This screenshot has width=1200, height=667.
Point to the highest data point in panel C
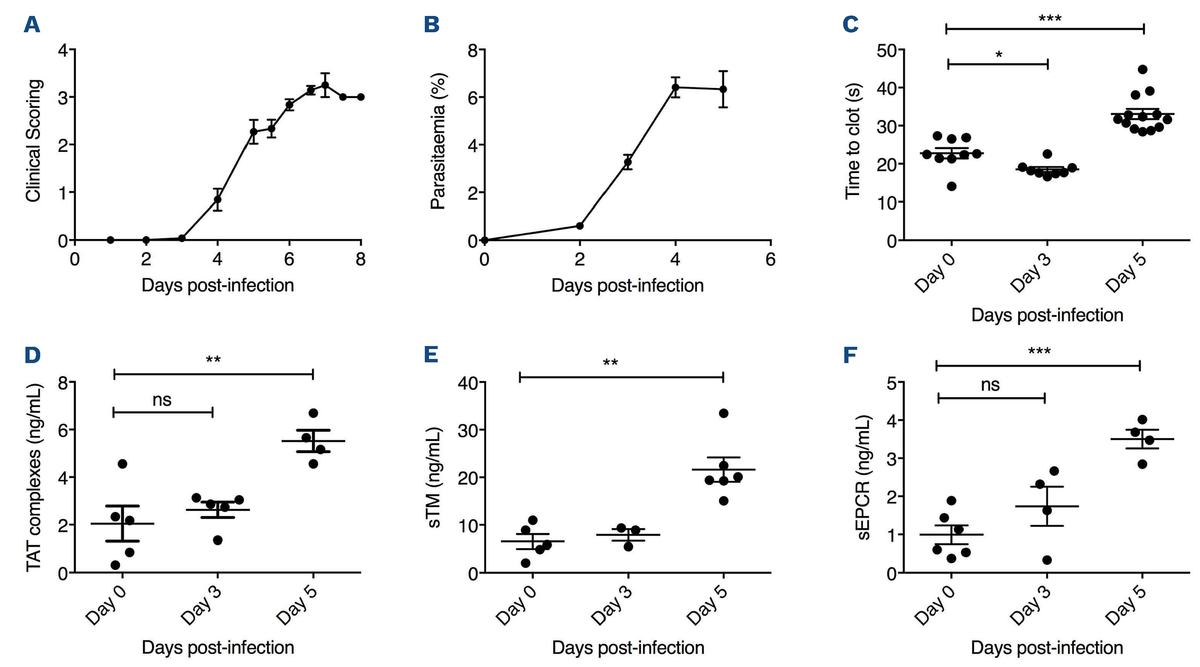click(1142, 69)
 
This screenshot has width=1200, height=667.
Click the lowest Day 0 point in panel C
click(952, 186)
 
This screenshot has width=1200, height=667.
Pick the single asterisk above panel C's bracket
click(999, 55)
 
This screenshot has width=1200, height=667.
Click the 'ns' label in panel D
click(162, 400)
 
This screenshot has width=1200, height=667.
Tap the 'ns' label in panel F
click(990, 385)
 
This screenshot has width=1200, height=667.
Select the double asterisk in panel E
click(610, 363)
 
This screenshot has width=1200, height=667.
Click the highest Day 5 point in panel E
click(724, 413)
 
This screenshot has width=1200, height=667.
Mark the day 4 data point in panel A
click(218, 200)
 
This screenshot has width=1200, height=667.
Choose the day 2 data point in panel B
click(580, 226)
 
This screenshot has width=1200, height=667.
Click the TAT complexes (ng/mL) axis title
click(33, 477)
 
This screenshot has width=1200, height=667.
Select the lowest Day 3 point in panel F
click(1047, 560)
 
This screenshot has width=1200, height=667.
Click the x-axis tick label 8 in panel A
click(360, 259)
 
